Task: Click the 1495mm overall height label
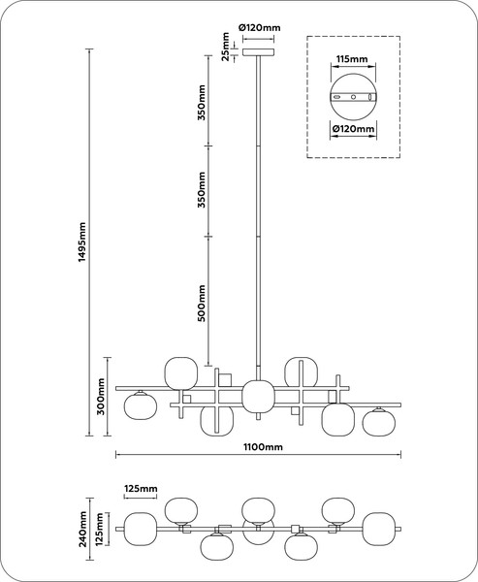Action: [82, 242]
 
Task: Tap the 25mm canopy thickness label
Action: [225, 47]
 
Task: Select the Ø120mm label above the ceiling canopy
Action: [260, 27]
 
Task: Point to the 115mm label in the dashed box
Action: [352, 59]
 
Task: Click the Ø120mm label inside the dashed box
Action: [353, 129]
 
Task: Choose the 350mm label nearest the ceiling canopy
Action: [201, 103]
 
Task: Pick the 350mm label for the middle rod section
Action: [201, 189]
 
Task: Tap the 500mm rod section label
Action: [201, 303]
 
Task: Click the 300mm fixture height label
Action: [101, 397]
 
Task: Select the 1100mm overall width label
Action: [263, 447]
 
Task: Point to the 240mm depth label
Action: [82, 529]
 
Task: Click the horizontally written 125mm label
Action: [141, 489]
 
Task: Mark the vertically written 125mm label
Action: [99, 530]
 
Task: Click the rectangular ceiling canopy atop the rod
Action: [259, 52]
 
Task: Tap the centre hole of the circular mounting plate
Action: [353, 97]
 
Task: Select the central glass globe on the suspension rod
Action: [258, 396]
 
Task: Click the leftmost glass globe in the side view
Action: [141, 406]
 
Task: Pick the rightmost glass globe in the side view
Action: [379, 423]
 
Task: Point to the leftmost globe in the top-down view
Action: [140, 529]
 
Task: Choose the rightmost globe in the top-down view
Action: [378, 529]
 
